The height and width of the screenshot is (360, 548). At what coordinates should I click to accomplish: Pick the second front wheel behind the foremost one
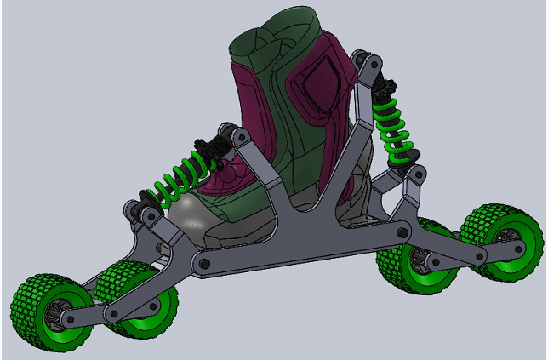click(136, 299)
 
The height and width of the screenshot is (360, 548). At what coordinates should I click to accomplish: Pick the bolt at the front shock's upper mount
click(229, 133)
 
